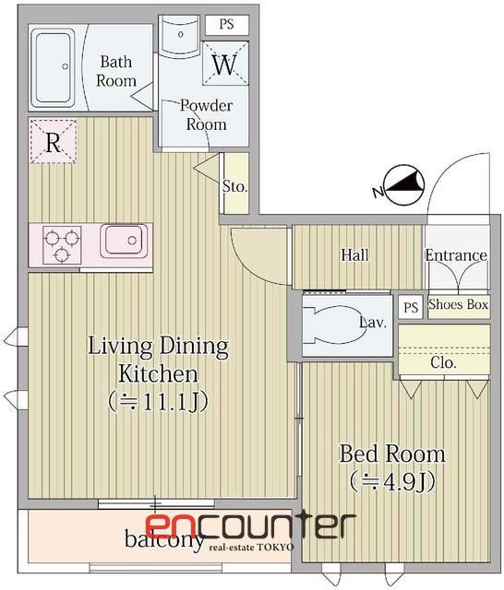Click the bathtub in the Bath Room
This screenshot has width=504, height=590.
54,66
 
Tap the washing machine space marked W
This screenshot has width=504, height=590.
225,64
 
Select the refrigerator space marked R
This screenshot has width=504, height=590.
54,141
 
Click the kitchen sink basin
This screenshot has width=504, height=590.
124,241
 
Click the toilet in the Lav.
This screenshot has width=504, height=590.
331,324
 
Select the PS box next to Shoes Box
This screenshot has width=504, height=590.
411,307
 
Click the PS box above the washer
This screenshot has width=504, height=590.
227,25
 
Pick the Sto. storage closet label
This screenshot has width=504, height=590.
234,186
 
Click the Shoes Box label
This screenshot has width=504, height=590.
459,304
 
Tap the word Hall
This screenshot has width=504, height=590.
354,254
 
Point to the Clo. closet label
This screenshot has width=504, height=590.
443,362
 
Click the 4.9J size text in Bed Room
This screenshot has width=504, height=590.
393,481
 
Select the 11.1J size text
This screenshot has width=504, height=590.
158,402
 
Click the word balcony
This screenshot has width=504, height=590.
164,538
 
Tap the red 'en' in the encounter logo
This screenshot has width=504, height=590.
171,526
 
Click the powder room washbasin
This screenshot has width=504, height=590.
180,34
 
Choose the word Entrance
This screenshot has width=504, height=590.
456,255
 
